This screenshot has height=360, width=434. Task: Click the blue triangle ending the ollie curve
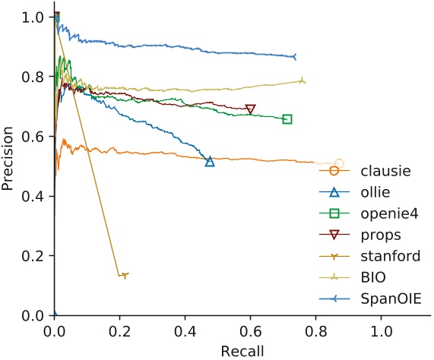point(210,161)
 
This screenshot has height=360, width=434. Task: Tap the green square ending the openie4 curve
point(287,119)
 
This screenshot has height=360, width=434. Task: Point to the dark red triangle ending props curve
point(250,109)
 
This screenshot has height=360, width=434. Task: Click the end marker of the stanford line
point(125,275)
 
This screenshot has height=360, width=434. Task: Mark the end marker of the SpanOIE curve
point(294,57)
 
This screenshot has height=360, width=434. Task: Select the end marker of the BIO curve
point(303,81)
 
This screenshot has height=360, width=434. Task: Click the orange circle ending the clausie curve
point(339,164)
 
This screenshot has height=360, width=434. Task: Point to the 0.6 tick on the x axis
point(249,331)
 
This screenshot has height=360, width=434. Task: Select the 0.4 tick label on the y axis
point(33,196)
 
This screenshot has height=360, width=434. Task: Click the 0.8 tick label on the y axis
point(33,77)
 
